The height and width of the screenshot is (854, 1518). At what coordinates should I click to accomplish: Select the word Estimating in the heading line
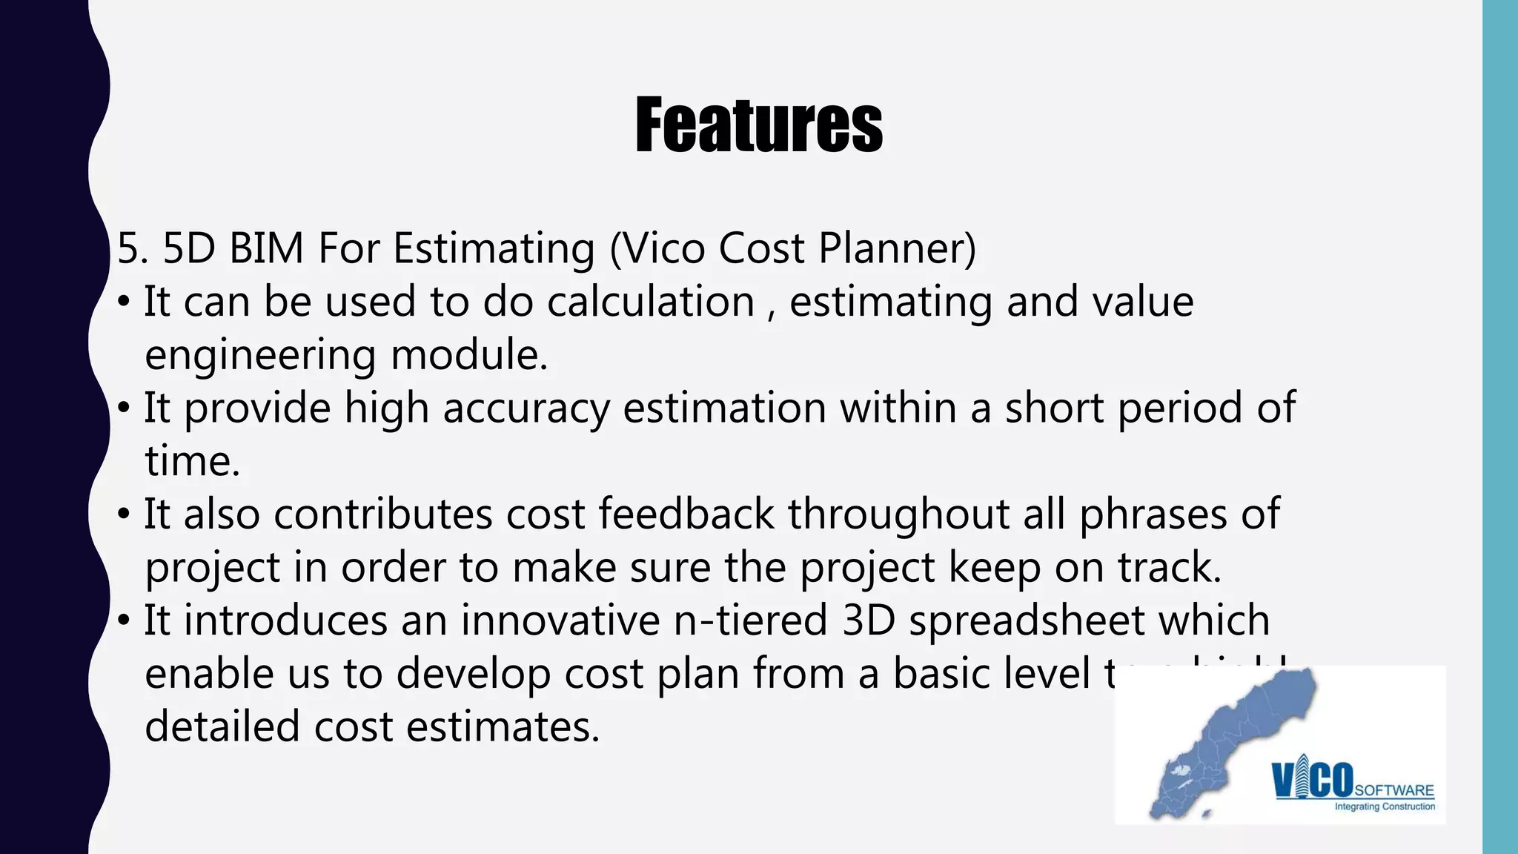494,249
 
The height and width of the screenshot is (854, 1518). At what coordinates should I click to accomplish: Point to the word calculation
651,302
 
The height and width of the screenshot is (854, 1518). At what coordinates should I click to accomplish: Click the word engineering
260,355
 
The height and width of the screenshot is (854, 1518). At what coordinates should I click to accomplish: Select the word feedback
686,514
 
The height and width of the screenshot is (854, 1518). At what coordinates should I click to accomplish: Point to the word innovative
560,620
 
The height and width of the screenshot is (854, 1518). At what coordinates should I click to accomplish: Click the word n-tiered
750,620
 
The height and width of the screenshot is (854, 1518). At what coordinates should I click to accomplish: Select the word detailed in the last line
222,726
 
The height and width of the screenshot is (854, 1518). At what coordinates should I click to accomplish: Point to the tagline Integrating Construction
1385,807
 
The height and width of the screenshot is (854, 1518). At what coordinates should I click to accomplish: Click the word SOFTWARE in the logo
1394,790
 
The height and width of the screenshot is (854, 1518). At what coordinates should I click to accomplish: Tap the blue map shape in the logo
1230,741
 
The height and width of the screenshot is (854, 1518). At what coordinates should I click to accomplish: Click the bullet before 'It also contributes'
124,514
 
